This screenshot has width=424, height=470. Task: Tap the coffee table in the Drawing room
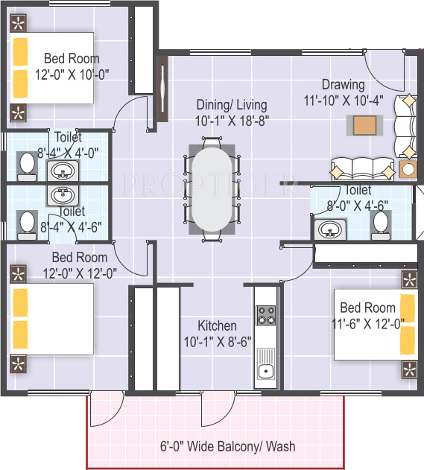364,124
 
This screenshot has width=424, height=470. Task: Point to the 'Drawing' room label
343,85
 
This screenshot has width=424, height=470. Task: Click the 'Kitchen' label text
217,326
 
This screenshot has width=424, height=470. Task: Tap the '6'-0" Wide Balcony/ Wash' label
228,447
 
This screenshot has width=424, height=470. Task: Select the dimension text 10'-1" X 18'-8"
231,121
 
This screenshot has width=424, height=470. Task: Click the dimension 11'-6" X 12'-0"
368,323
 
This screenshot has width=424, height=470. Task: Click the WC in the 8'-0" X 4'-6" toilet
381,223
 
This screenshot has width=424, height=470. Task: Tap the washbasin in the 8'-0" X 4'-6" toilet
328,230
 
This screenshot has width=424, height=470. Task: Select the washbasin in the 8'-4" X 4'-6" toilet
61,196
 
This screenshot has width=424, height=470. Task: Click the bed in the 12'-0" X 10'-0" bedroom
52,68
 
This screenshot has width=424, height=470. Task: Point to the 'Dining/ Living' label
231,105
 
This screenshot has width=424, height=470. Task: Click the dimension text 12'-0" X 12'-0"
80,273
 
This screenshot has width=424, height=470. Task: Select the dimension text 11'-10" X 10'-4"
343,101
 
